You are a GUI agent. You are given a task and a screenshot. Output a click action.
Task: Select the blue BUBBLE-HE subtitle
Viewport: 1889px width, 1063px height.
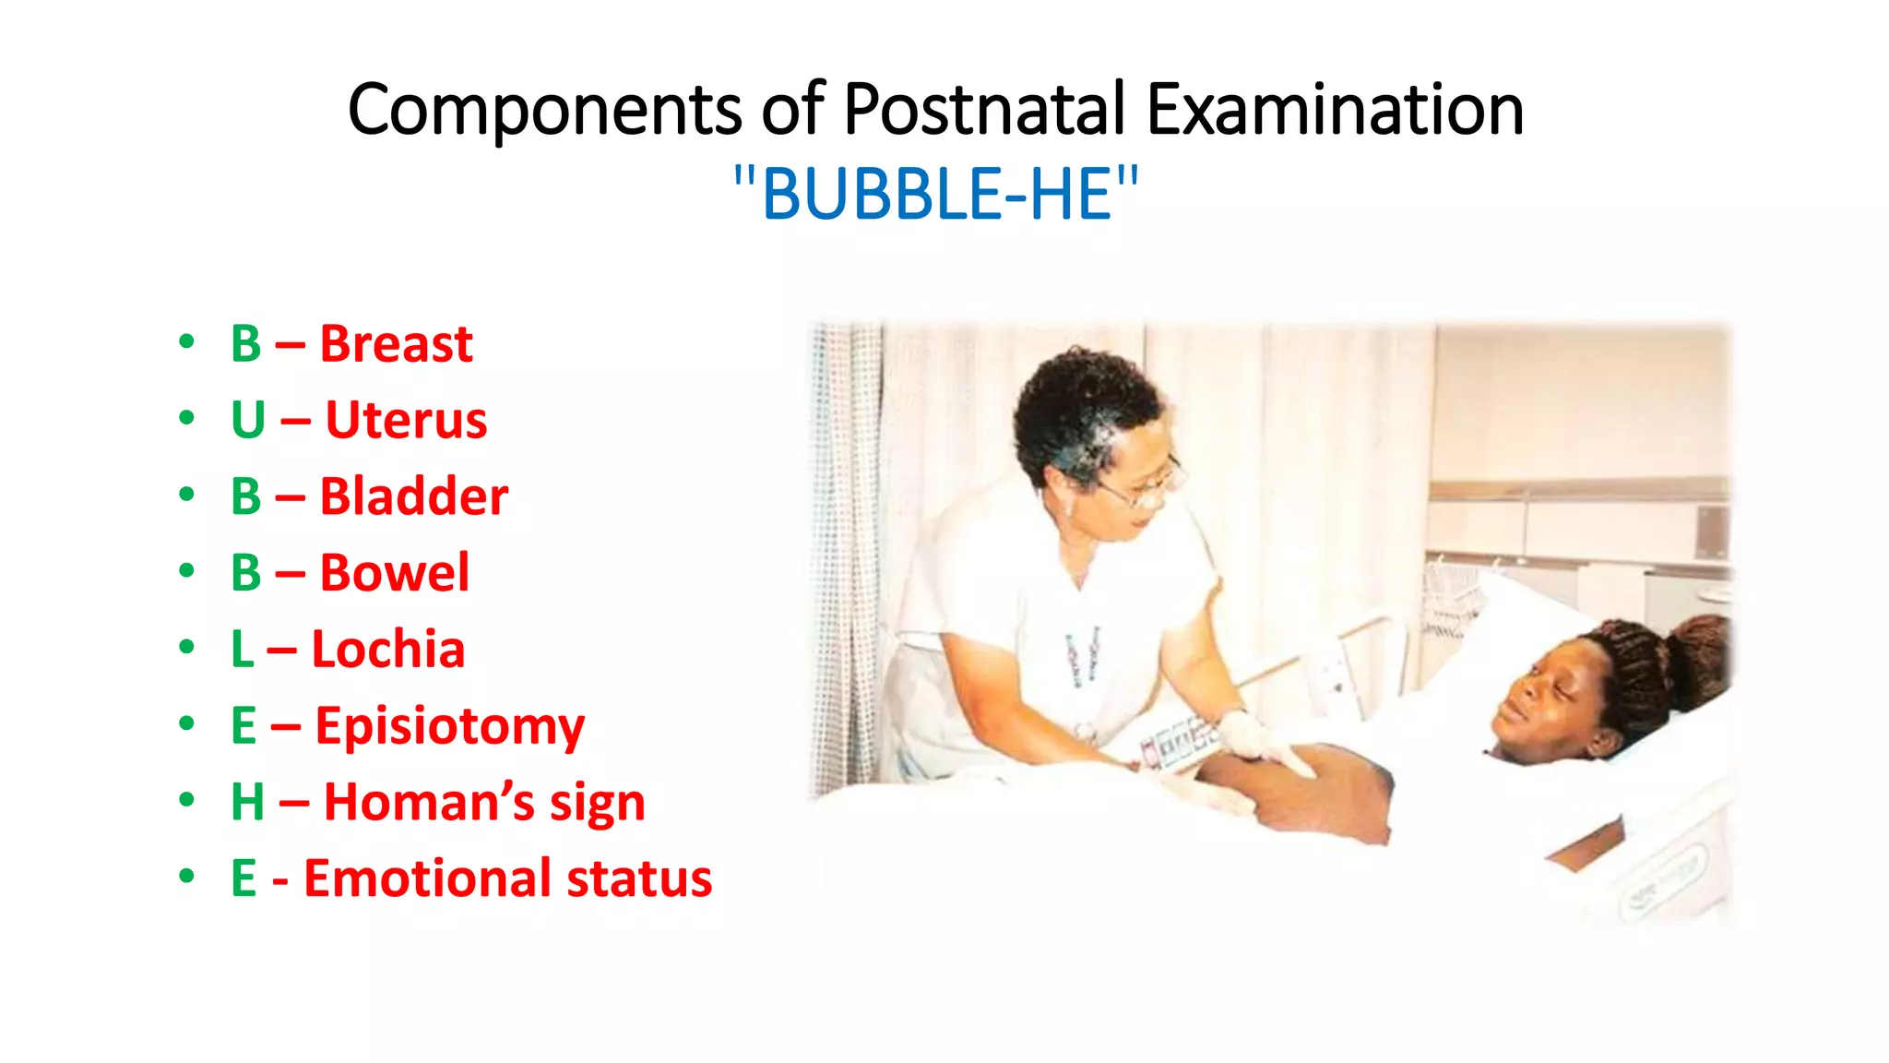[935, 195]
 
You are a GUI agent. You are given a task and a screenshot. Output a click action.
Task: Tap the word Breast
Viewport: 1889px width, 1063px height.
[396, 344]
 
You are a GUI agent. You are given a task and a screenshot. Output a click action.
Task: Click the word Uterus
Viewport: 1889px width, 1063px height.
[406, 421]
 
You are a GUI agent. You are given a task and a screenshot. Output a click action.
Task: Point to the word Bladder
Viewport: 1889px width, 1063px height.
[413, 497]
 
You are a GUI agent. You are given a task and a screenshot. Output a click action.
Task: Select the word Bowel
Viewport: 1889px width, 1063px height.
[394, 573]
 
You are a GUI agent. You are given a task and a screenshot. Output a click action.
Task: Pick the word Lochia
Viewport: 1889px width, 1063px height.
[387, 650]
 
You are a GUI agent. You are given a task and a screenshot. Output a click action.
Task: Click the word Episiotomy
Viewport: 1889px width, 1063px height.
[450, 726]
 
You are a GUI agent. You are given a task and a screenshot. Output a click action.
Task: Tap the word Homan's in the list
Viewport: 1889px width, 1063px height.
[429, 802]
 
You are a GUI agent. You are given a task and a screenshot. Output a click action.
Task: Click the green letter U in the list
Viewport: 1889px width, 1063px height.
[248, 421]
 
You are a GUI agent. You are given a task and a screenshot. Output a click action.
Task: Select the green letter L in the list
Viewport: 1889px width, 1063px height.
[242, 650]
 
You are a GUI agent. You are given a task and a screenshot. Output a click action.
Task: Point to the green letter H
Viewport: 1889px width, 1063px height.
[248, 802]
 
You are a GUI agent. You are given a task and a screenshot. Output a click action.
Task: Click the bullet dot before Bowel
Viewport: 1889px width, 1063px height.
[187, 571]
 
